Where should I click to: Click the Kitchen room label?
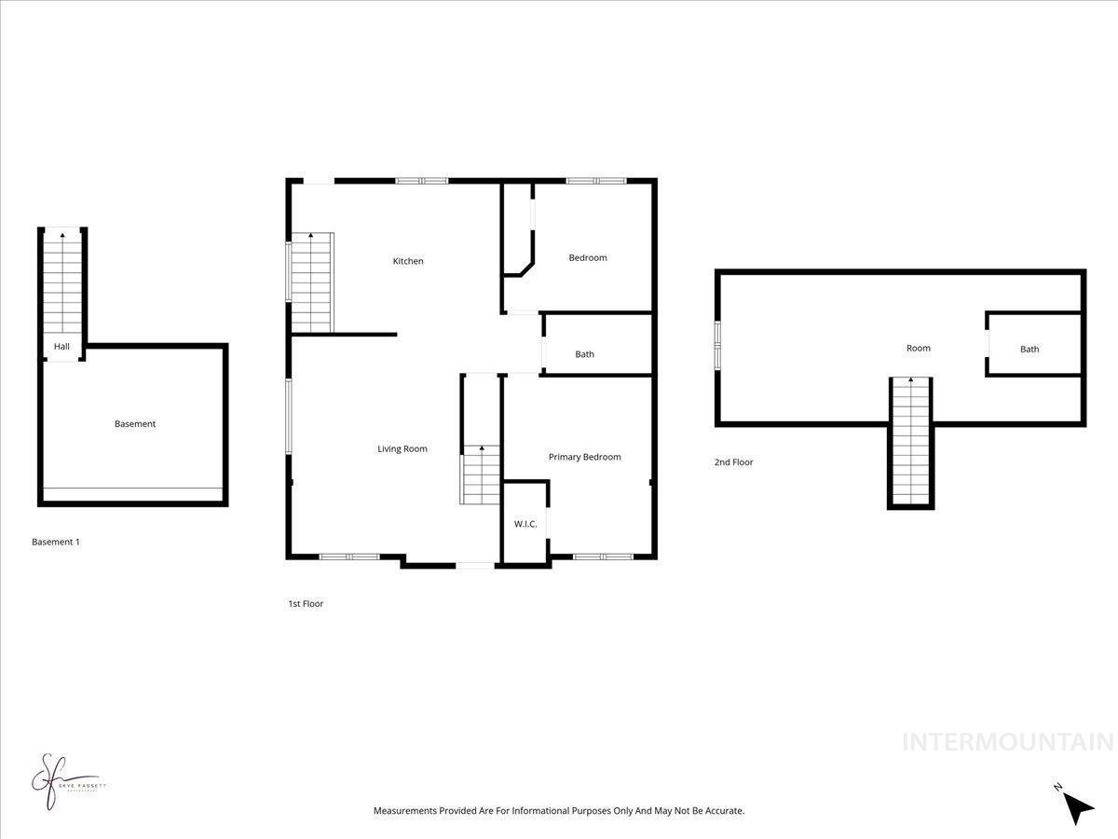pyautogui.click(x=408, y=261)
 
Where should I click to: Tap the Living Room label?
pyautogui.click(x=402, y=448)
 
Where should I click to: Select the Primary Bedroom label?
pyautogui.click(x=584, y=457)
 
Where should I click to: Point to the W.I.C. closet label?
pyautogui.click(x=525, y=524)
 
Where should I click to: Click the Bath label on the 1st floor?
pyautogui.click(x=584, y=354)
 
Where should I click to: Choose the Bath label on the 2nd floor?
pyautogui.click(x=1029, y=350)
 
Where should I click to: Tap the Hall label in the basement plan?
pyautogui.click(x=61, y=347)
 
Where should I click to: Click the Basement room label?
pyautogui.click(x=135, y=424)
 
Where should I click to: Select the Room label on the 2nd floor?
pyautogui.click(x=919, y=349)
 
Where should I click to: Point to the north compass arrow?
pyautogui.click(x=1078, y=807)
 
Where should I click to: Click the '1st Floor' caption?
pyautogui.click(x=306, y=604)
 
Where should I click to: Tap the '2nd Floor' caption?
pyautogui.click(x=734, y=462)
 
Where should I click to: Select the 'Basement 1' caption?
pyautogui.click(x=56, y=542)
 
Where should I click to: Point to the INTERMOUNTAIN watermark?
pyautogui.click(x=1008, y=742)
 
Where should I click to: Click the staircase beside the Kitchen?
pyautogui.click(x=311, y=282)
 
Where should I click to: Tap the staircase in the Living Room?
pyautogui.click(x=481, y=475)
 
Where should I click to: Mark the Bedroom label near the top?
pyautogui.click(x=588, y=258)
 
